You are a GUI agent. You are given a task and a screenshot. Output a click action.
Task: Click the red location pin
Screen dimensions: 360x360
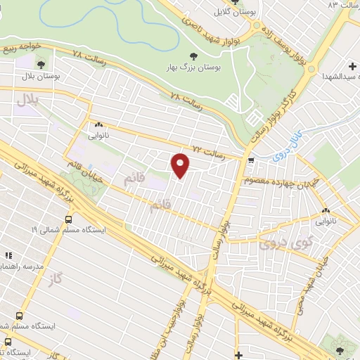click(x=181, y=165)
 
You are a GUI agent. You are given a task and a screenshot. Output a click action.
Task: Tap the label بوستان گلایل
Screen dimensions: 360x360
click(x=236, y=11)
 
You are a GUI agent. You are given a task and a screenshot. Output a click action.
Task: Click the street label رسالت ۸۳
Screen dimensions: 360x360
click(x=342, y=6)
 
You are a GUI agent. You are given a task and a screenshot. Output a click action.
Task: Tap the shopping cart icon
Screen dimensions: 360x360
click(x=250, y=161)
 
